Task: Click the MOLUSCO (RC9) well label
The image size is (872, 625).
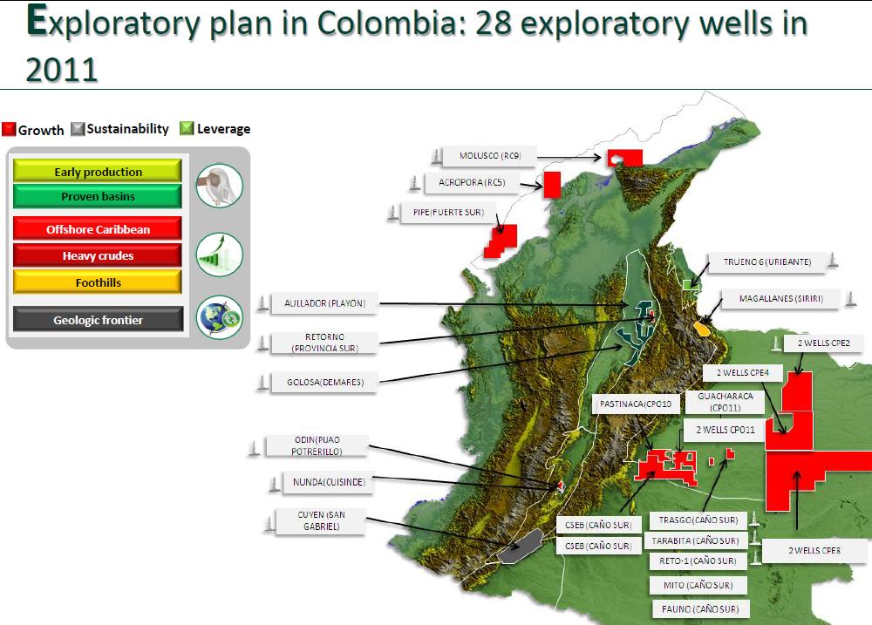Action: [x=489, y=157]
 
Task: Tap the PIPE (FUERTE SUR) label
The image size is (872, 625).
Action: [x=442, y=213]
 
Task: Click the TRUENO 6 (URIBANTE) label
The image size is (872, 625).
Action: [x=766, y=262]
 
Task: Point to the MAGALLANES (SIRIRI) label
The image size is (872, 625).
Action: [x=780, y=299]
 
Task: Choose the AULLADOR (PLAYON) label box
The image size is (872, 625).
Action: [x=324, y=304]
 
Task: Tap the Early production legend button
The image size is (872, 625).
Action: [x=98, y=172]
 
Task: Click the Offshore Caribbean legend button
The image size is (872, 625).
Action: [x=98, y=229]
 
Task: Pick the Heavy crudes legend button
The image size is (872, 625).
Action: [x=98, y=256]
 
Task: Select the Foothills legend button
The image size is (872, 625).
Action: [x=98, y=282]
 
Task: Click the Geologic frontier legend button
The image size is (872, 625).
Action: [x=98, y=320]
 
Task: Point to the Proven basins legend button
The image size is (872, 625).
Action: [x=98, y=196]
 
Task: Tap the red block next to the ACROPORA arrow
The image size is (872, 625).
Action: [x=552, y=185]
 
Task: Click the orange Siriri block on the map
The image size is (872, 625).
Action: [x=701, y=329]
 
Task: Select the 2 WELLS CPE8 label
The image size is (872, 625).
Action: [x=814, y=550]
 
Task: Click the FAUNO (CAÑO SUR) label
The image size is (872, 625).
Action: [x=699, y=608]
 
